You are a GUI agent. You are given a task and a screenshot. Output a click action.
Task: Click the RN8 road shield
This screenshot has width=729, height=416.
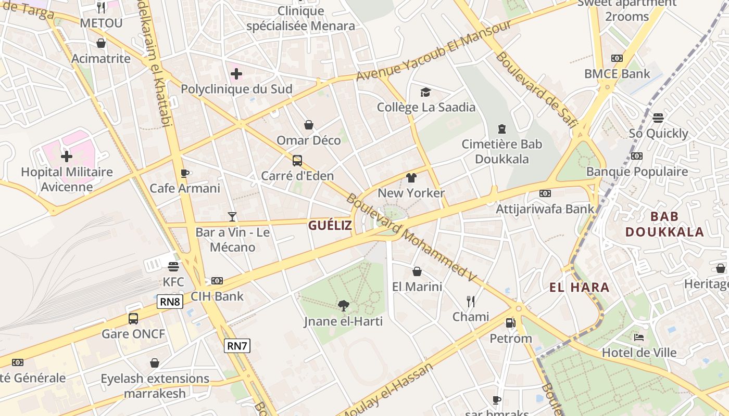point(170,302)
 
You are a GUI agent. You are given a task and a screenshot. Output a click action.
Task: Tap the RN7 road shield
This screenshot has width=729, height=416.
point(237,346)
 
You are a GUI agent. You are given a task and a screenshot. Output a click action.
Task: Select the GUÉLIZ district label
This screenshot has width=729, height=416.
point(330,225)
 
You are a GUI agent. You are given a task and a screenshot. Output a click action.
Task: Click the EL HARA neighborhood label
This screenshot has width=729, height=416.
point(579,287)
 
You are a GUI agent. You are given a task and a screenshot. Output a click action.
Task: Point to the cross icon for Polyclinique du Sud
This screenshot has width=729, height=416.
point(236,74)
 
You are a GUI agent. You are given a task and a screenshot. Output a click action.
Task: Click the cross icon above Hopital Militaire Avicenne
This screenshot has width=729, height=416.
point(67,156)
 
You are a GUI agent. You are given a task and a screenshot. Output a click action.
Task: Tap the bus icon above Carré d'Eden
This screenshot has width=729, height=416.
point(297,161)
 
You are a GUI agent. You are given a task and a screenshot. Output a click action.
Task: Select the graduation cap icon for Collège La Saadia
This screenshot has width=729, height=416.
point(426,92)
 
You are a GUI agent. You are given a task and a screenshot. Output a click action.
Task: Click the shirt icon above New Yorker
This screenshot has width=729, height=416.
point(411,178)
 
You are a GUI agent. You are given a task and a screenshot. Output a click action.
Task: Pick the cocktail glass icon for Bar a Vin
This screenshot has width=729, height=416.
point(232,216)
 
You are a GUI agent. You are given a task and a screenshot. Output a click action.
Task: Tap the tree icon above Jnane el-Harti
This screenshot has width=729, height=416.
point(343,306)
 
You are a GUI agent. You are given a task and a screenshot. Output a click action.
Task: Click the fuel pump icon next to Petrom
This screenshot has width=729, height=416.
point(510,323)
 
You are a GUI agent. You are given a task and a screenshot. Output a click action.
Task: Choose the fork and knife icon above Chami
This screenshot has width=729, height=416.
point(471,301)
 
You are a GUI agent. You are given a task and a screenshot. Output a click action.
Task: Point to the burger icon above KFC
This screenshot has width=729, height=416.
point(173,267)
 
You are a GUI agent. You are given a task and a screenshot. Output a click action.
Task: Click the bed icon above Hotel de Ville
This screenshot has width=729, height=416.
point(639,337)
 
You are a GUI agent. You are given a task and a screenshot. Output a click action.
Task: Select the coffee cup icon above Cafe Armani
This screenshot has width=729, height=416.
point(184,173)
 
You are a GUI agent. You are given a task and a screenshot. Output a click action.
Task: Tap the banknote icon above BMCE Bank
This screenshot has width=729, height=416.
point(617,58)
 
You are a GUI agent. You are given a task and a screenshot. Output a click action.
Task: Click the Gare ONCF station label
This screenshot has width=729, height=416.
point(133,334)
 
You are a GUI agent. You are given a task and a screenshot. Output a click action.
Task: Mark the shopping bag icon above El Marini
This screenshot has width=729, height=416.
point(417,271)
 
